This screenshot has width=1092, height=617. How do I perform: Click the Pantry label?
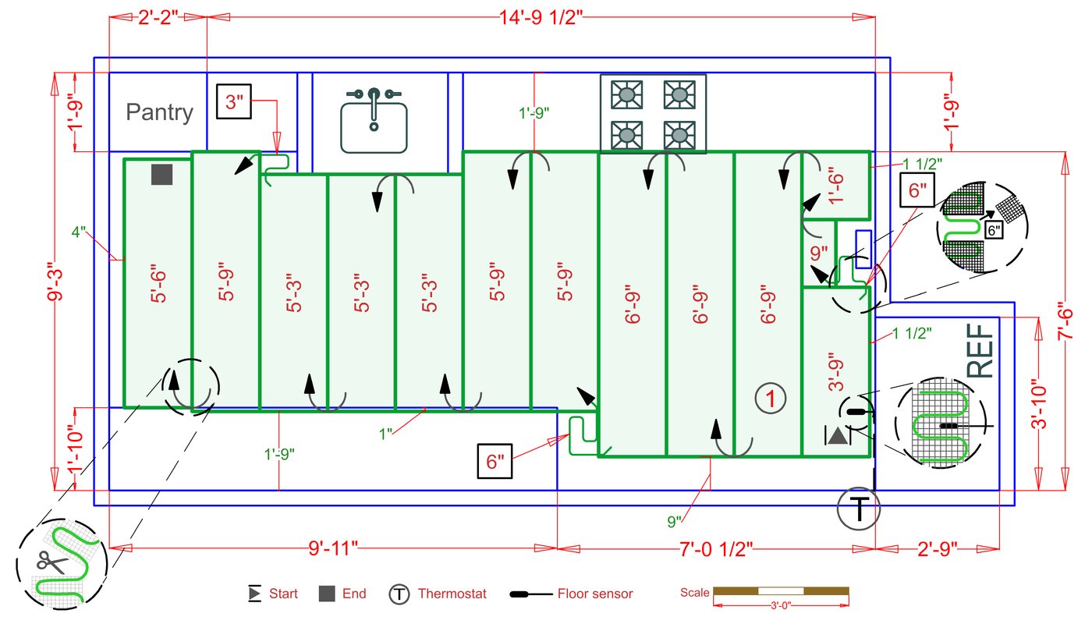(x=159, y=112)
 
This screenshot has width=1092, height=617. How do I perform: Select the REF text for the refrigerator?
(x=981, y=353)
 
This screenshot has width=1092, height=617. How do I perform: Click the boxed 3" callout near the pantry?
(x=235, y=101)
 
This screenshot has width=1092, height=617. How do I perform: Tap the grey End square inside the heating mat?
(x=161, y=175)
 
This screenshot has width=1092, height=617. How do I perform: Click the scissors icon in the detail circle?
(x=52, y=561)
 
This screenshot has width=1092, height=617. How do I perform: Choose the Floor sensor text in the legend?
(x=594, y=594)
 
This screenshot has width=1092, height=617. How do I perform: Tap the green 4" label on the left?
(x=78, y=232)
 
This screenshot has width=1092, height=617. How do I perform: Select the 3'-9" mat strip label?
(x=836, y=372)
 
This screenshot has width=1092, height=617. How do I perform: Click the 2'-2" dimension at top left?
(x=158, y=17)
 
